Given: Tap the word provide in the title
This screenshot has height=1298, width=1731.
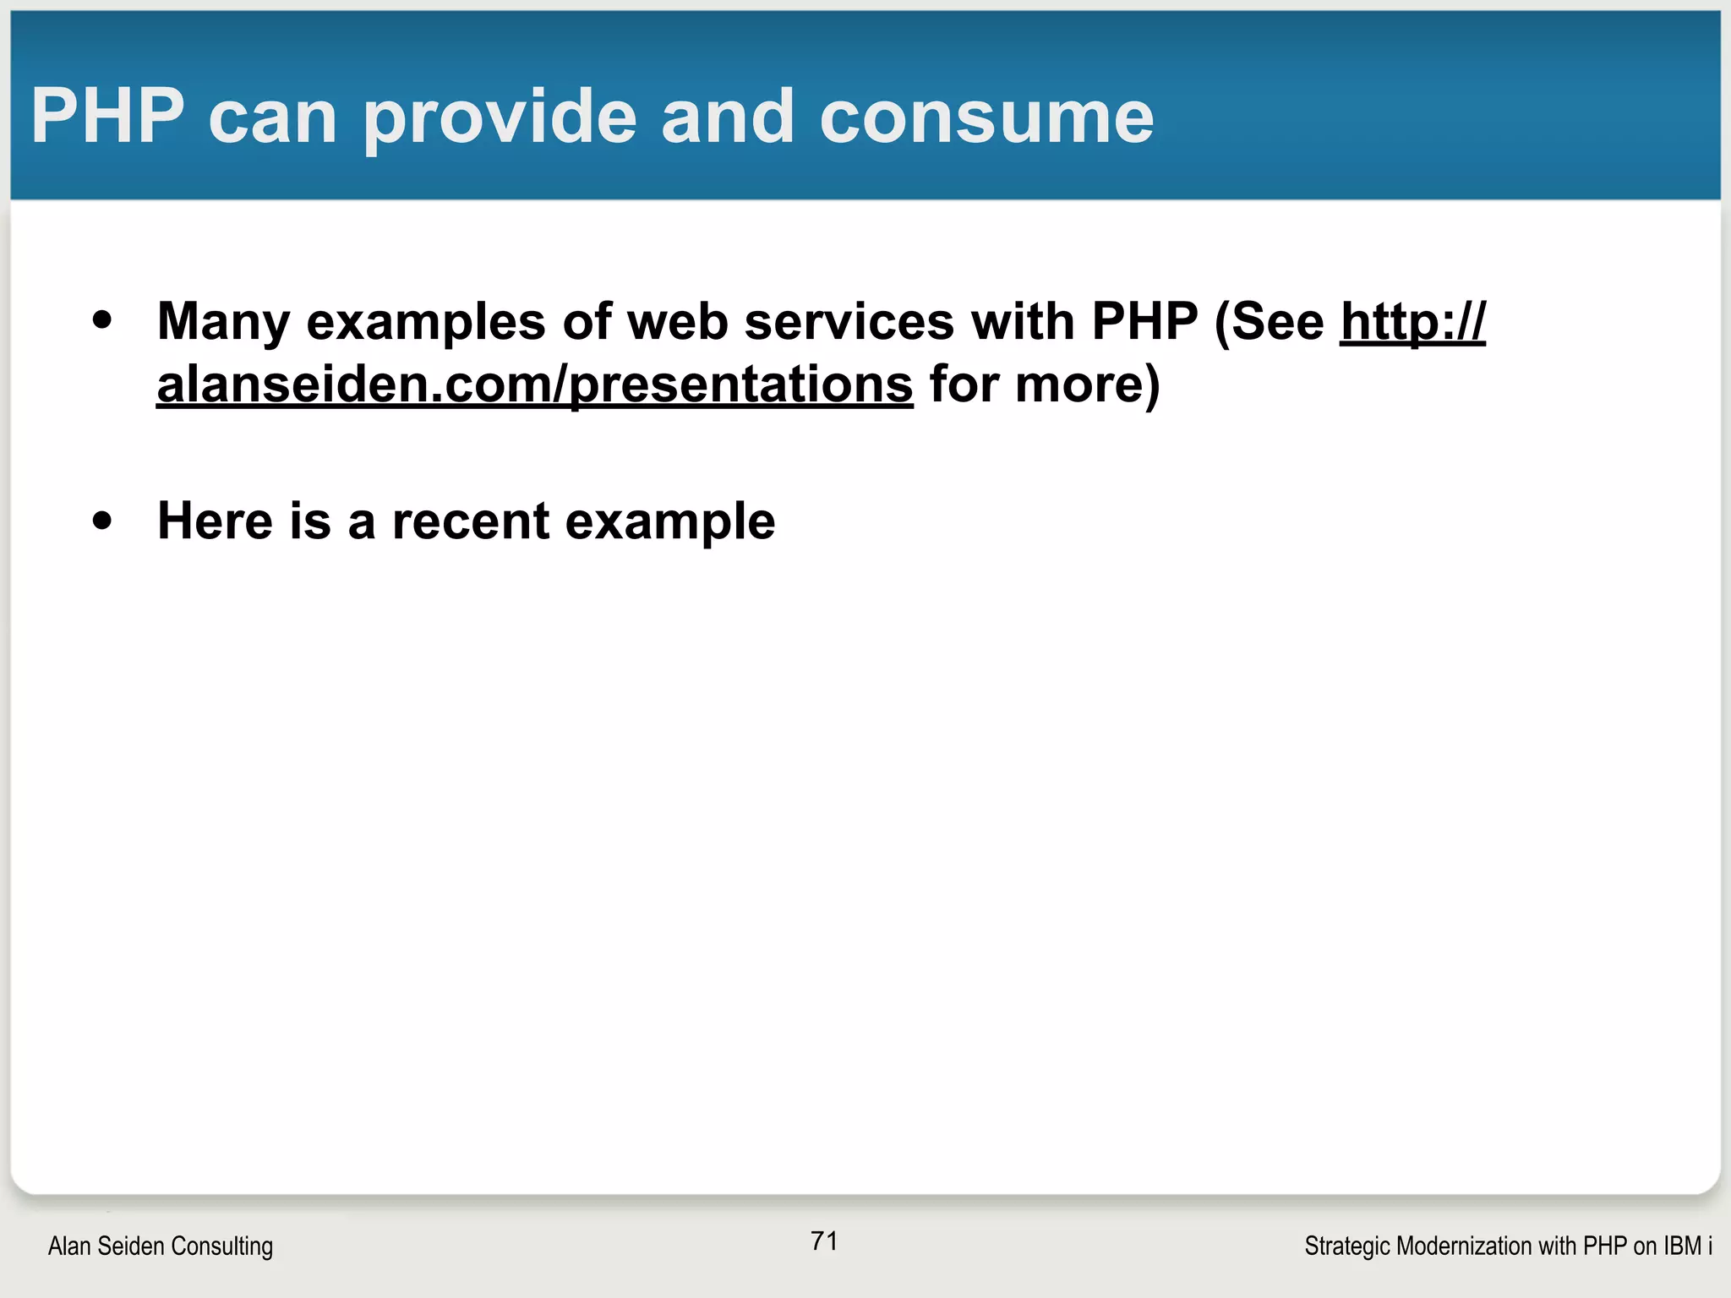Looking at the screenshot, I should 500,118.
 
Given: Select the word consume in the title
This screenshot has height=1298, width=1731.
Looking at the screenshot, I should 986,118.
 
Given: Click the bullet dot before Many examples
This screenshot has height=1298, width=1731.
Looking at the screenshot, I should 102,321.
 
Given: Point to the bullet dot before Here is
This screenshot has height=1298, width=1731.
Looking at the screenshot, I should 102,521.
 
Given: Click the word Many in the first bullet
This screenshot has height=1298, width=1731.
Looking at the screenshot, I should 223,323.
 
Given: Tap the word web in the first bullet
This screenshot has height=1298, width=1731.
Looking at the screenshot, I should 678,323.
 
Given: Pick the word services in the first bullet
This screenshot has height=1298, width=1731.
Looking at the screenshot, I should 849,323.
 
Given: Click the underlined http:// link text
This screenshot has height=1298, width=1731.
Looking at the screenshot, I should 1412,323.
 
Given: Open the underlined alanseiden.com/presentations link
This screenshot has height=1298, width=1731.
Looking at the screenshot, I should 534,385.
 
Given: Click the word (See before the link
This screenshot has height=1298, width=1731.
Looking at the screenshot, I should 1270,323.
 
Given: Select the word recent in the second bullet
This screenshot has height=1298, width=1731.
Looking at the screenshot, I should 471,521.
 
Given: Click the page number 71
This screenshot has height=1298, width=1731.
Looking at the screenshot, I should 824,1241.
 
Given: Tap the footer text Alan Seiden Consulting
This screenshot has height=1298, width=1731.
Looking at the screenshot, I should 161,1246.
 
